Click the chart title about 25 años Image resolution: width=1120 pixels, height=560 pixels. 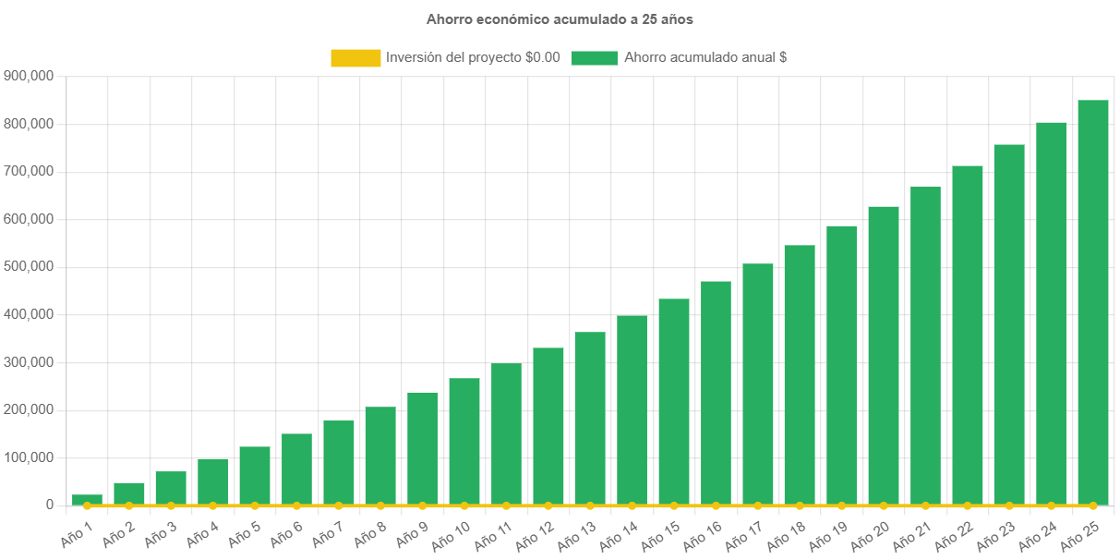560,18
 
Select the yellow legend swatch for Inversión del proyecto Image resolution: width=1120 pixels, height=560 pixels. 355,57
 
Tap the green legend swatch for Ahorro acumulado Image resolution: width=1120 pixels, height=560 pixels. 594,57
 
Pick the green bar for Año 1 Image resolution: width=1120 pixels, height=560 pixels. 87,500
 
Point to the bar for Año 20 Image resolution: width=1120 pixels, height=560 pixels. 884,356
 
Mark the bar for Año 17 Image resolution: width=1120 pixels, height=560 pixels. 758,384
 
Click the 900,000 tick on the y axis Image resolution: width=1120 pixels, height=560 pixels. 29,76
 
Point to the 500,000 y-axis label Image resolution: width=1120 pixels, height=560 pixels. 29,266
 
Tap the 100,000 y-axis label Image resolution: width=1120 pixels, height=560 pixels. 29,457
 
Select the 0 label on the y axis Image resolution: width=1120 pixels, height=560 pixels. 50,505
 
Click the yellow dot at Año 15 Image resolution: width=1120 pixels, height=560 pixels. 674,506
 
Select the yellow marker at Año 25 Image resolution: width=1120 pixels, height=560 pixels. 1092,506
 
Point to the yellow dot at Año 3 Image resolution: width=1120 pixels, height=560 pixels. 171,506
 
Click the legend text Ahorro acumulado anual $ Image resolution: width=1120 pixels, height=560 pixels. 705,57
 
